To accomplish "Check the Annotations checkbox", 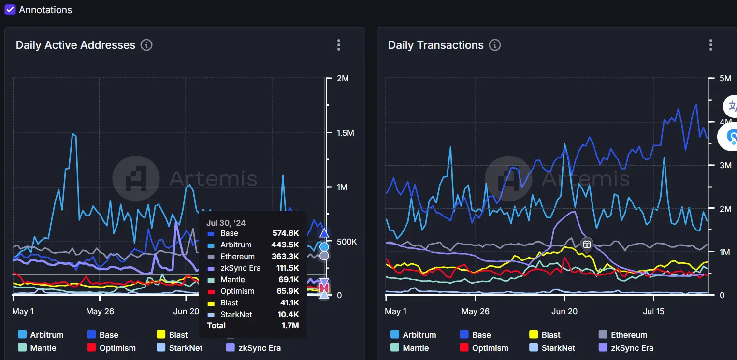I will coord(10,10).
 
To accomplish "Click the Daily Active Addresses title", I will coord(75,45).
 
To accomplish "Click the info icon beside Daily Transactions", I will coord(494,45).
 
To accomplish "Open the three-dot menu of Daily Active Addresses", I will coord(339,45).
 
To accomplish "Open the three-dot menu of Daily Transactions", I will coord(710,45).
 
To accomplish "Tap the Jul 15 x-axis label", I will coord(653,311).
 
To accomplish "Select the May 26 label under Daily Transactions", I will coord(476,311).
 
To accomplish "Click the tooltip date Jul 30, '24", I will coord(226,223).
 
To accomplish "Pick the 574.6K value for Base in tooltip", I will coord(286,233).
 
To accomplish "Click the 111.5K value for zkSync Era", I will coord(286,268).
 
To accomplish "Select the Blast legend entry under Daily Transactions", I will coord(550,335).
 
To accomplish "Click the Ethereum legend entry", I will coord(629,335).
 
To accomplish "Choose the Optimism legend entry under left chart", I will coord(117,348).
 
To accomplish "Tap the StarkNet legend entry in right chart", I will coord(558,348).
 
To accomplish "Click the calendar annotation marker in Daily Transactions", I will coord(587,244).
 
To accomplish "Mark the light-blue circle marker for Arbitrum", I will coord(324,247).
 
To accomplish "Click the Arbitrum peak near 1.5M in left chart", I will coord(73,134).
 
